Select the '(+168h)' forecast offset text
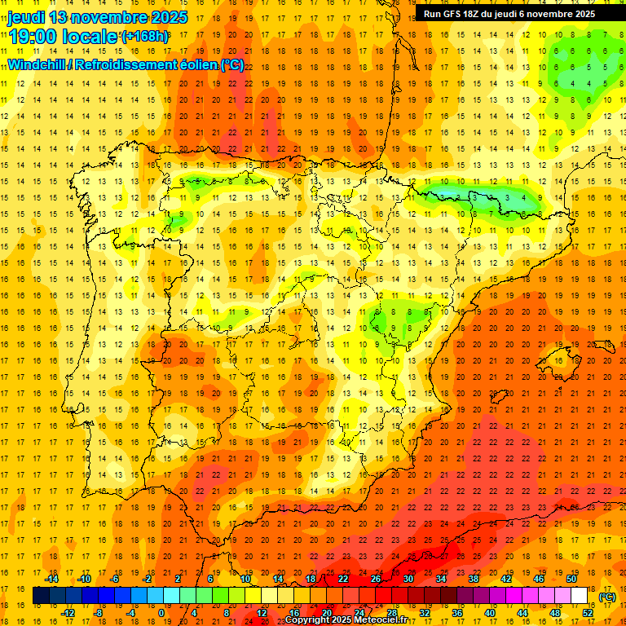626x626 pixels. tap(145, 36)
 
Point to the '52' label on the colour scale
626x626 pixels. tap(588, 613)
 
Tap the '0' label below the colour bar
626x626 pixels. tap(161, 613)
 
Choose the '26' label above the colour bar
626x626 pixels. tap(376, 579)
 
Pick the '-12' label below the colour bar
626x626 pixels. tap(68, 613)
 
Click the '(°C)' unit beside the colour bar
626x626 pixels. tap(607, 597)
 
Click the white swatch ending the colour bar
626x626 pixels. tap(580, 596)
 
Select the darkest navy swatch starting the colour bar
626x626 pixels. tap(41, 596)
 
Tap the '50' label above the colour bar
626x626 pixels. tap(571, 579)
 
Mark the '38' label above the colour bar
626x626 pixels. tap(474, 579)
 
